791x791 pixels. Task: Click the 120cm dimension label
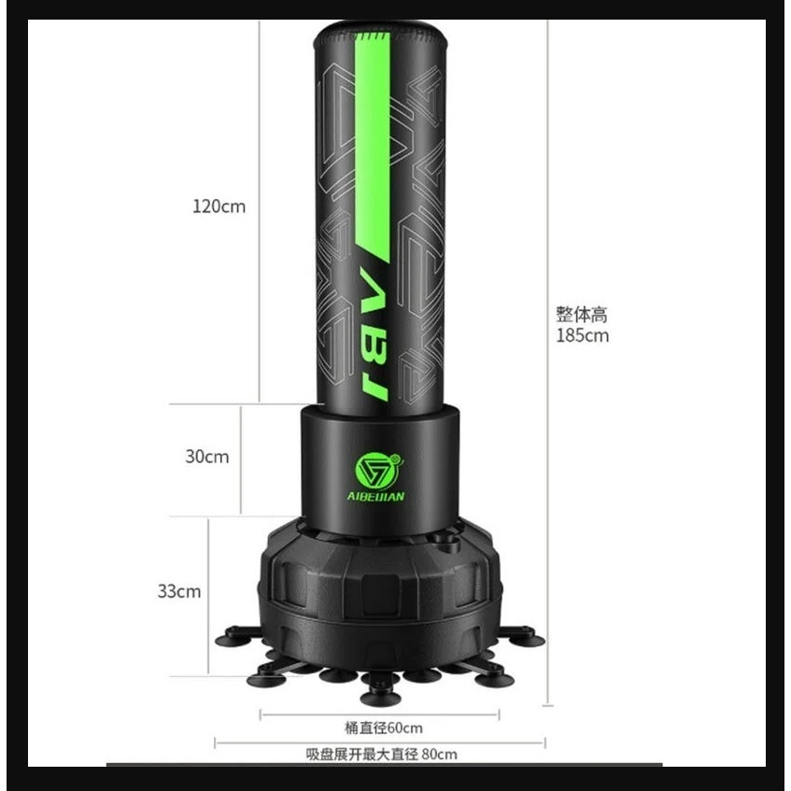(219, 206)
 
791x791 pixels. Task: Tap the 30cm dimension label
(206, 457)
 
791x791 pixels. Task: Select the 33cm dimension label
(179, 591)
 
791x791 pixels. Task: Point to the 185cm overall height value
(582, 335)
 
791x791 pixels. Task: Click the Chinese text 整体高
(582, 315)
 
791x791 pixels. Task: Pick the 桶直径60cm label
(384, 727)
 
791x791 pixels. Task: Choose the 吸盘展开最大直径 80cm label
(381, 755)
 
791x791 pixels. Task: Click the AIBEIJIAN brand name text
(375, 497)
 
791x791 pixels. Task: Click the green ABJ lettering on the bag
(373, 332)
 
